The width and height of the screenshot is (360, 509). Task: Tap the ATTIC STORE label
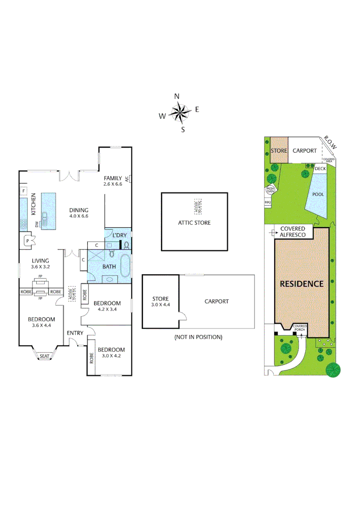(x=194, y=223)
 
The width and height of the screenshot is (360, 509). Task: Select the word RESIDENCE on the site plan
(x=302, y=284)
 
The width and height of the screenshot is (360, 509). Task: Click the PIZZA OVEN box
(x=270, y=190)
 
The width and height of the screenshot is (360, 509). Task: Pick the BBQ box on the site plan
(x=268, y=202)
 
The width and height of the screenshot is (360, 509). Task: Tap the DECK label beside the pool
(x=320, y=169)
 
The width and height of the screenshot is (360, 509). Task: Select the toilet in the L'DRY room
(x=126, y=245)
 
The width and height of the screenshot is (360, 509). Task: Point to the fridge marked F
(x=23, y=191)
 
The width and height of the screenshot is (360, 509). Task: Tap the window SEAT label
(x=44, y=356)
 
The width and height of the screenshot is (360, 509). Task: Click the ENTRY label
(x=75, y=333)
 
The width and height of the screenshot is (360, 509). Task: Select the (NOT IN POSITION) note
(x=198, y=337)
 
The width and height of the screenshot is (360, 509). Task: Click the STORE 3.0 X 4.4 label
(x=160, y=302)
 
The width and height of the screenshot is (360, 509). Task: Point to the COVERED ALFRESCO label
(x=293, y=231)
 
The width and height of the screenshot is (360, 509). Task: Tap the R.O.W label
(x=330, y=143)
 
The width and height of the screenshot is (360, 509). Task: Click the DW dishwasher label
(x=37, y=225)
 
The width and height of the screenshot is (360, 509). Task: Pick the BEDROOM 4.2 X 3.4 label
(x=107, y=306)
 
